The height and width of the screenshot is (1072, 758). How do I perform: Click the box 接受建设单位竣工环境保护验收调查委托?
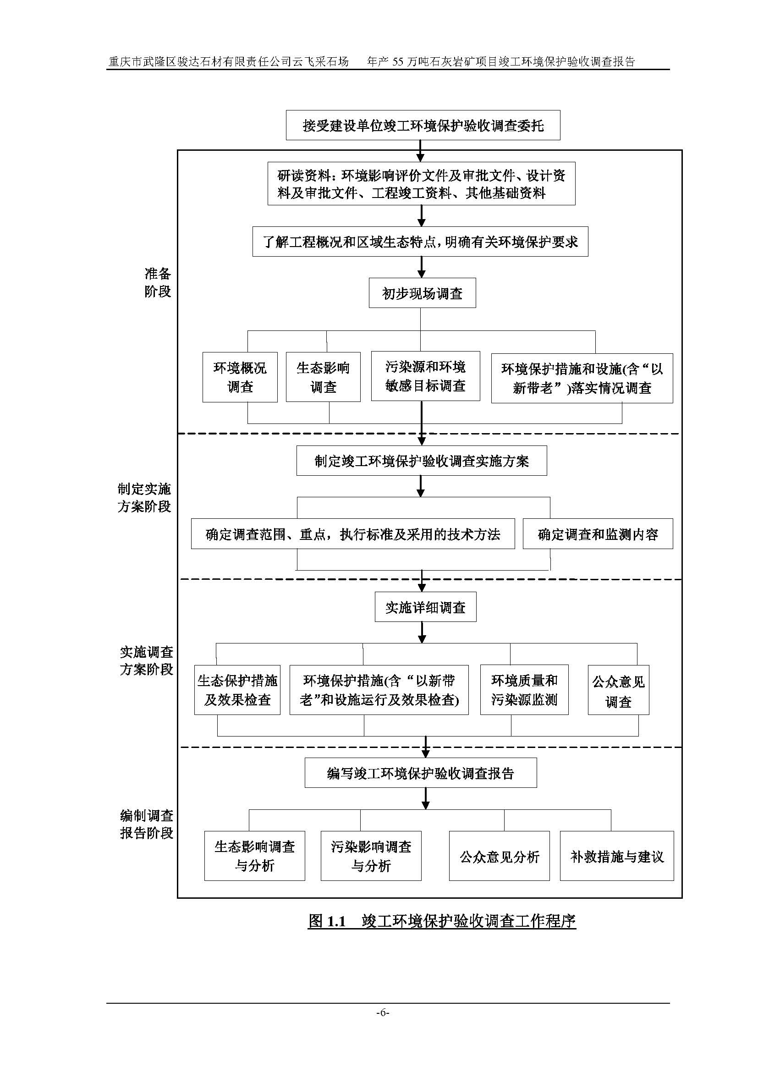point(423,125)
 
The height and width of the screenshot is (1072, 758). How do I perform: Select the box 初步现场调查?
point(422,293)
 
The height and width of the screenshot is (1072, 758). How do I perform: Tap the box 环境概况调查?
point(240,377)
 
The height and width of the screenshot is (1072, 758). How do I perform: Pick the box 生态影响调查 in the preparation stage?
point(323,377)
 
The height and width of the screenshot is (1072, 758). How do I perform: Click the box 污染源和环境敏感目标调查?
point(425,376)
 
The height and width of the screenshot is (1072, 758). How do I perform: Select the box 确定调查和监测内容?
point(598,534)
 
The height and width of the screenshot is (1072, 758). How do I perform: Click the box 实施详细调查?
point(425,607)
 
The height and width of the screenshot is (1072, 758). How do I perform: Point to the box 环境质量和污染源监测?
point(524,690)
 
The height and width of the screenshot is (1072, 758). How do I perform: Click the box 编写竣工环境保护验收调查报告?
point(421,774)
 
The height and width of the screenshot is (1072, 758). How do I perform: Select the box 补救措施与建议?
point(616,856)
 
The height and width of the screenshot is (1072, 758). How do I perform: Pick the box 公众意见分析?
point(499,856)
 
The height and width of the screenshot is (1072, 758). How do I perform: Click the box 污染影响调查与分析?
point(371,856)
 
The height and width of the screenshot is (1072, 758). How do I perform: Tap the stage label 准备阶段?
point(158,282)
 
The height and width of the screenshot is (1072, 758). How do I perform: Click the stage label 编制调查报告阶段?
point(147,825)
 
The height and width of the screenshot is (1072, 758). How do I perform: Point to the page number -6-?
point(382,1012)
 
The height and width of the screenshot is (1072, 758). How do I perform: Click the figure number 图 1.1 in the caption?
point(327,922)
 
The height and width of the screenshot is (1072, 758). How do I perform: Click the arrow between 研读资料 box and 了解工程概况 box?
point(421,216)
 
